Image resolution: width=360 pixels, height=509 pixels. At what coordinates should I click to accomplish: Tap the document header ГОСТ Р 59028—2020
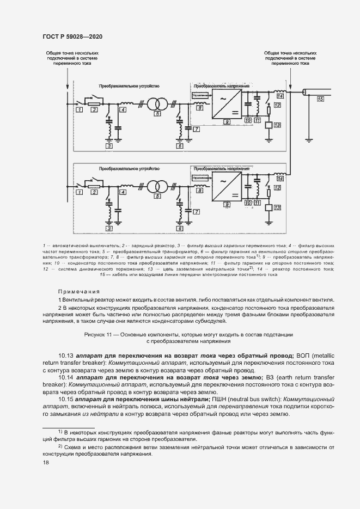click(72, 36)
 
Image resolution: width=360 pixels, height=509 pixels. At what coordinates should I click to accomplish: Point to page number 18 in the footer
click(46, 462)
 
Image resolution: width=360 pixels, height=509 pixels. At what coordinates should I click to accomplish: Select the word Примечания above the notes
click(78, 291)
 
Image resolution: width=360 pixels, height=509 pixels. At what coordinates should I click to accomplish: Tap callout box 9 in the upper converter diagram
click(225, 120)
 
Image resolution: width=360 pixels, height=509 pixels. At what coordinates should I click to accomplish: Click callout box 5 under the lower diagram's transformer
click(157, 197)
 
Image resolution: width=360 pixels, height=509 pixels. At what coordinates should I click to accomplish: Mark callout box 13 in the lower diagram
click(277, 207)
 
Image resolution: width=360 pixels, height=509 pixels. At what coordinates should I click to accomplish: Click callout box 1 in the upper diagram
click(79, 110)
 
